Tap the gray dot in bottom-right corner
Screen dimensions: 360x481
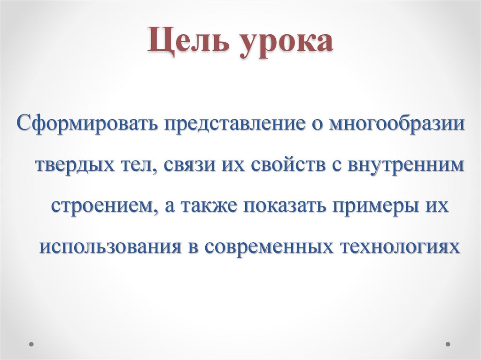pyautogui.click(x=448, y=344)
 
